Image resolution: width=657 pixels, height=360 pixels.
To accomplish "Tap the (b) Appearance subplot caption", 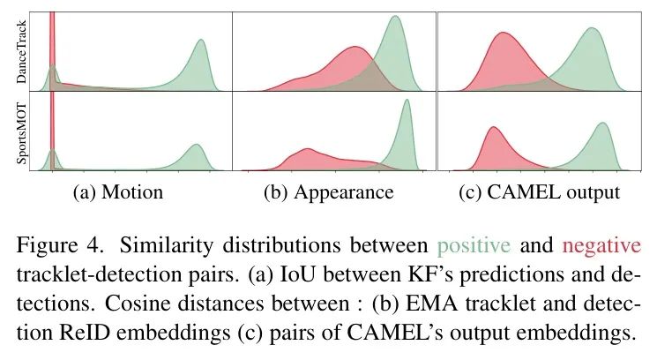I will (328, 191).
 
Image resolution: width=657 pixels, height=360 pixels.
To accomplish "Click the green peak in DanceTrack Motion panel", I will (201, 41).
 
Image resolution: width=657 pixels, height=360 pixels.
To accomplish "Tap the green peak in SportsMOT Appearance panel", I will (407, 101).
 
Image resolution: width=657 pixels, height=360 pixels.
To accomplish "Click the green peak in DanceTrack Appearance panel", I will (394, 19).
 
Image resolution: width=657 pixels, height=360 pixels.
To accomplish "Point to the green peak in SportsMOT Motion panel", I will (196, 146).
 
